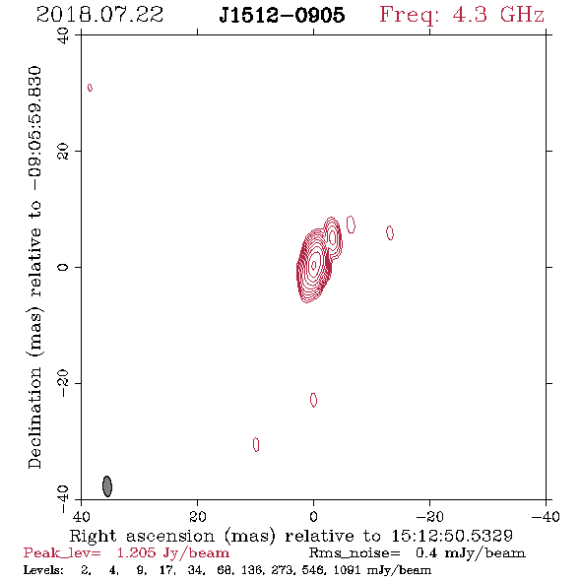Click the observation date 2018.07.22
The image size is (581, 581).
[x=99, y=15]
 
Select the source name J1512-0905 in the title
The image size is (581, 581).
[x=282, y=15]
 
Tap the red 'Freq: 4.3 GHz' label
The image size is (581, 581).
[x=462, y=15]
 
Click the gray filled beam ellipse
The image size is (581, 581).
[x=107, y=486]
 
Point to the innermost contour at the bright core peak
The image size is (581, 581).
[x=314, y=265]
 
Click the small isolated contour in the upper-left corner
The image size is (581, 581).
[x=90, y=88]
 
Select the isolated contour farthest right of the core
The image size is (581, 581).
[x=390, y=232]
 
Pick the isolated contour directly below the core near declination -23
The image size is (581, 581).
[x=313, y=400]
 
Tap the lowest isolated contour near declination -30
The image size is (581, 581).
[x=256, y=445]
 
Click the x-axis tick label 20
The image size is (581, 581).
[x=198, y=516]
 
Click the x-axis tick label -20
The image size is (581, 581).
[x=429, y=516]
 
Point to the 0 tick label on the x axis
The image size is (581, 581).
[x=314, y=516]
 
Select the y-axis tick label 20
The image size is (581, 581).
[x=63, y=152]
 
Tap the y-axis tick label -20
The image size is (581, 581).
[x=63, y=383]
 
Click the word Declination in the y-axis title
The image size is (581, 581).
[x=34, y=418]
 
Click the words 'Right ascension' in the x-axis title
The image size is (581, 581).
[x=142, y=536]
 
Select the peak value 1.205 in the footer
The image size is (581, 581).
[x=136, y=552]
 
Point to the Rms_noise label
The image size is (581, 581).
[x=355, y=552]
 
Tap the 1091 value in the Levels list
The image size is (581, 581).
[x=348, y=569]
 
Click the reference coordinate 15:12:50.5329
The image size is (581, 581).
[x=452, y=536]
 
